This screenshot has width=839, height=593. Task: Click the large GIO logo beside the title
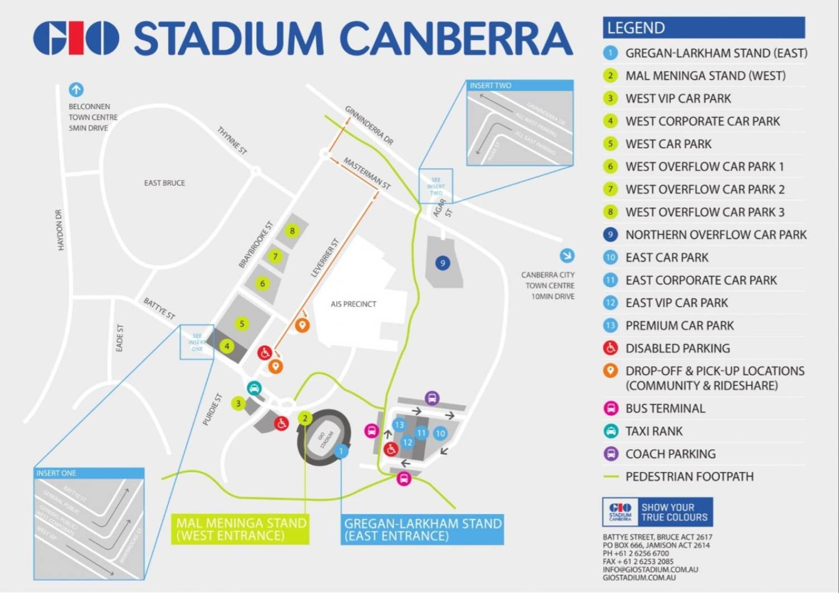click(76, 39)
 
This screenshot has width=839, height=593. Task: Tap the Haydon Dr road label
click(60, 229)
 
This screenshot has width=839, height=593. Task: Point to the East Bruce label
click(164, 183)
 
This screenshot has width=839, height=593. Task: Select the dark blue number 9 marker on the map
click(442, 263)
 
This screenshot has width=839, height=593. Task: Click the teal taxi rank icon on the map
click(254, 388)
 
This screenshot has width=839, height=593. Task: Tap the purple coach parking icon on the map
click(432, 398)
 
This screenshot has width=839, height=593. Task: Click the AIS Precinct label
click(353, 304)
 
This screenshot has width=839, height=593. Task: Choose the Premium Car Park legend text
click(679, 326)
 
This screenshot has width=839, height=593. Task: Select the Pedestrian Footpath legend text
click(689, 477)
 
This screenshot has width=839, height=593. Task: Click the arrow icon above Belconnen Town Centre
click(76, 90)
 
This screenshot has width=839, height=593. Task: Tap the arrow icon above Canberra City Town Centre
click(567, 256)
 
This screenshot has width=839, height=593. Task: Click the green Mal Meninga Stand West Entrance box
click(241, 529)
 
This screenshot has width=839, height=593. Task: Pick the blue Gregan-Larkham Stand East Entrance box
click(422, 529)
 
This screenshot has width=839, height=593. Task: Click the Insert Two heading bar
click(520, 86)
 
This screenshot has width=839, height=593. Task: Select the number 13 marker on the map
click(399, 425)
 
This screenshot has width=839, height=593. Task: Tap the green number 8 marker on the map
click(292, 230)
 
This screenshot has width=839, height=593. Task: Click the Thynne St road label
click(232, 140)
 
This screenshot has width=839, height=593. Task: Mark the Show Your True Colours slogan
click(674, 512)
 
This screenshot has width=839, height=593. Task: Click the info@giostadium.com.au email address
click(650, 570)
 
